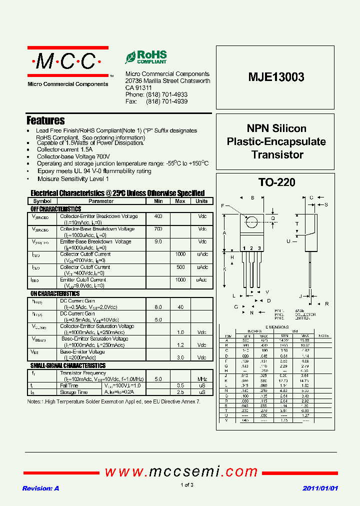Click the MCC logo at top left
point(67,61)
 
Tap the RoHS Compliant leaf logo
point(145,57)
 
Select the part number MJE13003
point(276,77)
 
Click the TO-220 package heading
point(276,182)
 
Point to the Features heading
point(45,120)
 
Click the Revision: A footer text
point(40,488)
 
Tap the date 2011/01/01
point(320,488)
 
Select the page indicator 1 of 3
point(186,485)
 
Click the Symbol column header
point(42,201)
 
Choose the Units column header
point(201,201)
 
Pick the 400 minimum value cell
point(158,216)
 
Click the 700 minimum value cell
point(158,229)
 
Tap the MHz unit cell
point(202,379)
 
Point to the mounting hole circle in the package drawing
point(252,221)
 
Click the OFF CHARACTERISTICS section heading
point(56,209)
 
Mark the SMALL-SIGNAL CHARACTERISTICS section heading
point(68,366)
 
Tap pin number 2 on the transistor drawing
point(252,248)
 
